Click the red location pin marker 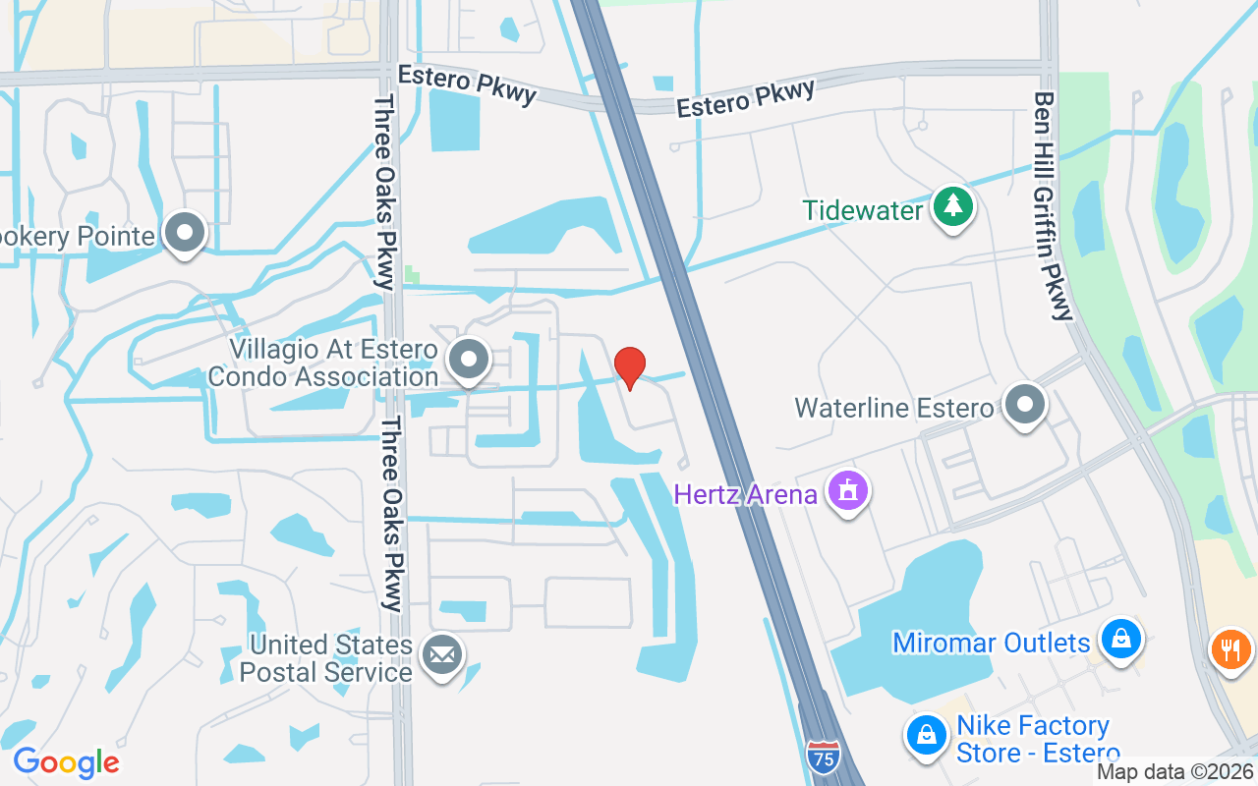click(x=630, y=367)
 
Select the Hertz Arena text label click(x=746, y=494)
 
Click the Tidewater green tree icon click(x=952, y=206)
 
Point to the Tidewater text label click(x=863, y=210)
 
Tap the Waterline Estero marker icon click(x=1025, y=404)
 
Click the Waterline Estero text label click(x=893, y=408)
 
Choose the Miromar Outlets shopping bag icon click(x=1119, y=640)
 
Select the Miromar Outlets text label click(x=991, y=644)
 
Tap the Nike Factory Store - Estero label click(x=1032, y=740)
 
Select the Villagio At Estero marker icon click(x=469, y=360)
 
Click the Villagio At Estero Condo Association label click(x=333, y=363)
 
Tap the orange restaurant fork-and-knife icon click(x=1229, y=648)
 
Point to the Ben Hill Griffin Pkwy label click(x=1053, y=206)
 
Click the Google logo click(x=66, y=762)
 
